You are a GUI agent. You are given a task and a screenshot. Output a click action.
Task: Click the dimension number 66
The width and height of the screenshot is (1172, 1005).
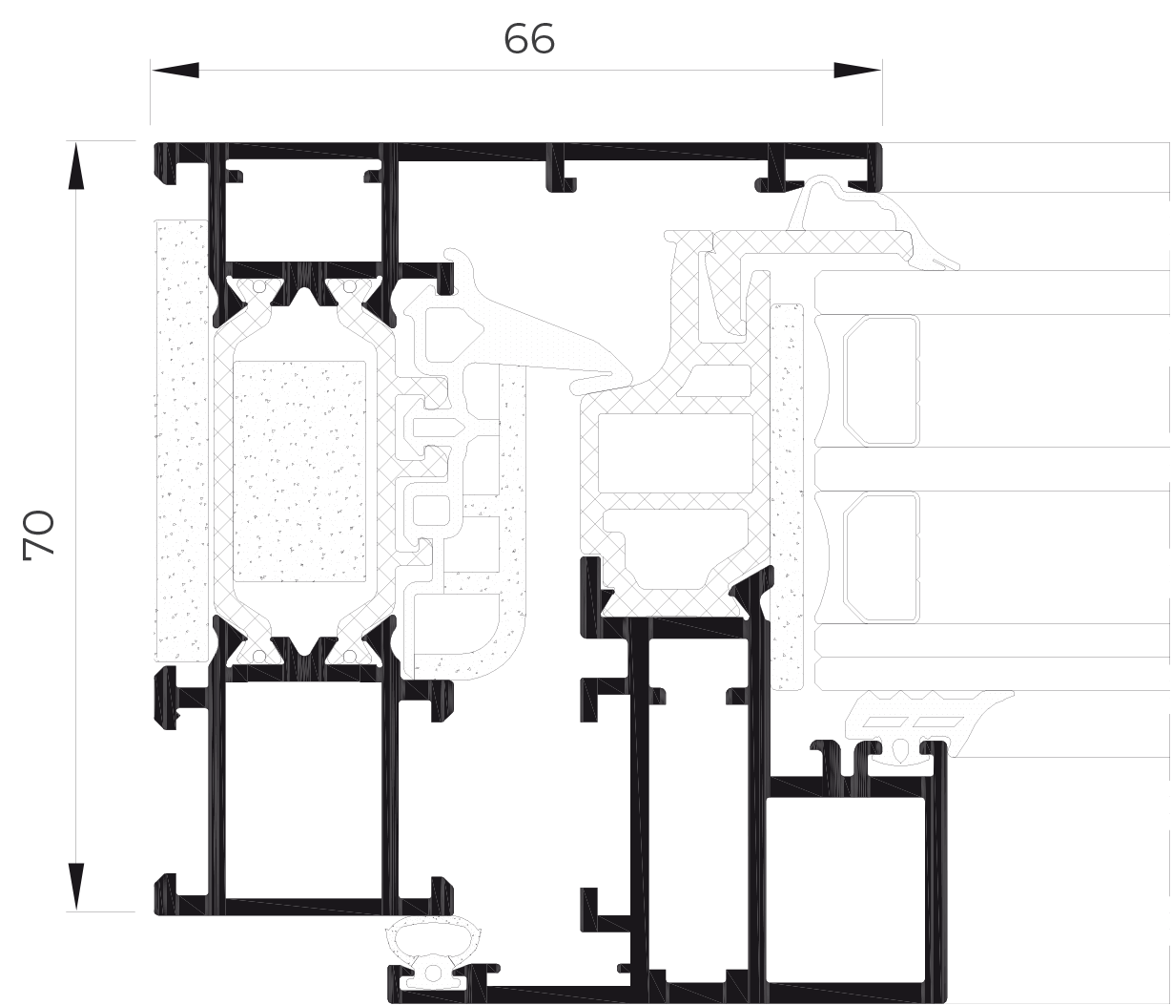coord(529,39)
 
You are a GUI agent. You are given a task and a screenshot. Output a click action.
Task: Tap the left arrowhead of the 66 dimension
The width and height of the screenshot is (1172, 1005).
coord(175,71)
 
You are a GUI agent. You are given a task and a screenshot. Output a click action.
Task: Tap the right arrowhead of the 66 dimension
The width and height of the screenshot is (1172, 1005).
coord(857,71)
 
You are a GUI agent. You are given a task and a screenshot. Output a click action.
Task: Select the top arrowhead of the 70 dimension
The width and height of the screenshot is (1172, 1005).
coord(76,166)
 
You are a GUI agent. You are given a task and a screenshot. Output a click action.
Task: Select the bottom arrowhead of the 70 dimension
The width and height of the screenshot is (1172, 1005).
coord(76,887)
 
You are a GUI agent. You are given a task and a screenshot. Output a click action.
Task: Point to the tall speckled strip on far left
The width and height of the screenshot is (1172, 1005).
coord(181,440)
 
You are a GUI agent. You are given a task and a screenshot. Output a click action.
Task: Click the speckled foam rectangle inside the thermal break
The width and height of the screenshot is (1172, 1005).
coord(299,471)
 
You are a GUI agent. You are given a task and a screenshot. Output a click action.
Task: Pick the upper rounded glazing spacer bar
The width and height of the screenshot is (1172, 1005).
coord(881,380)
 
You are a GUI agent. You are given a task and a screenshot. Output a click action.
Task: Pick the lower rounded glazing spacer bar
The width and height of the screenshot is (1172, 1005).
coord(881,557)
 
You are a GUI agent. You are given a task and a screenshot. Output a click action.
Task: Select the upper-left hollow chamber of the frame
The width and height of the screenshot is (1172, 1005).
coord(303,216)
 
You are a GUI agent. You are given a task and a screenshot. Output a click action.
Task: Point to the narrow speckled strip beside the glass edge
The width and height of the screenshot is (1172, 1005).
coord(787,496)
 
